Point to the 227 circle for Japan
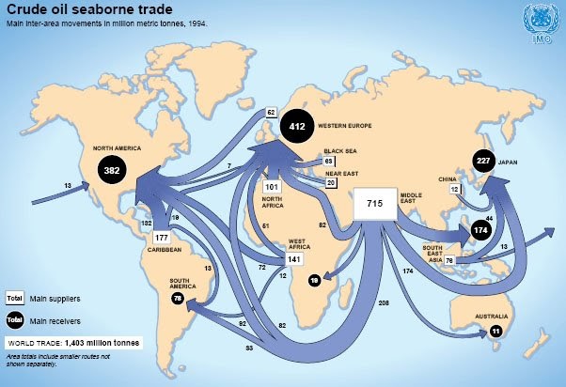[x=484, y=161]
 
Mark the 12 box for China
[x=454, y=189]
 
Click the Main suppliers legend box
[x=15, y=298]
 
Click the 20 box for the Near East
[x=331, y=184]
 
